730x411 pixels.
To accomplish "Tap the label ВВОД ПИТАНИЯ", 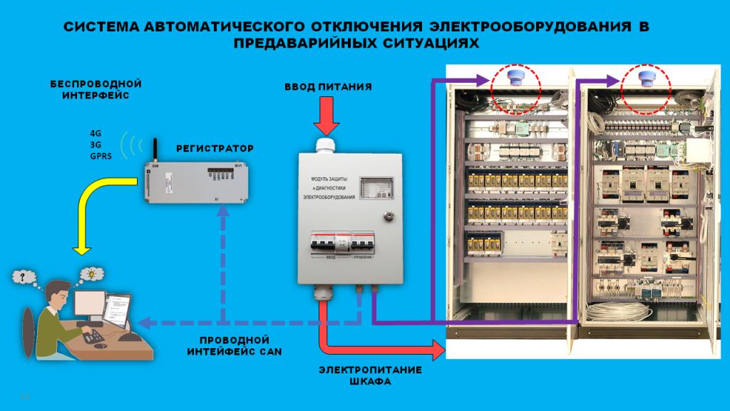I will tap(329, 87).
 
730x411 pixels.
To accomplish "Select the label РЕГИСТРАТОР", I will tap(215, 148).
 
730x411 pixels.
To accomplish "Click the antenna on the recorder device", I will tap(151, 149).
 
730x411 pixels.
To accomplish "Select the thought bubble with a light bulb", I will tap(91, 273).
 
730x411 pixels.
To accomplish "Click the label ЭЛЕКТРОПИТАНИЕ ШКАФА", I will tap(370, 375).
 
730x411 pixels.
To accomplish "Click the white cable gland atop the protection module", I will tap(327, 145).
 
